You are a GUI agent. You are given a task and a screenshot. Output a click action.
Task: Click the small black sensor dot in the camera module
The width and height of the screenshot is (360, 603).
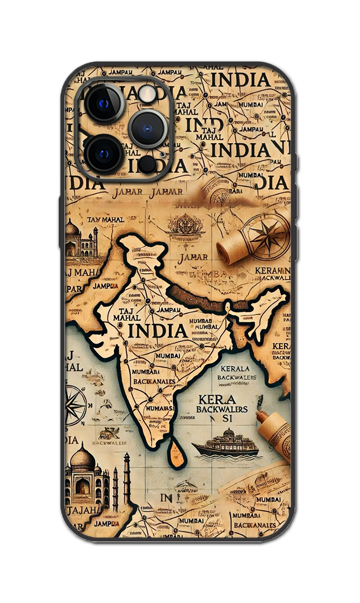click(147, 163)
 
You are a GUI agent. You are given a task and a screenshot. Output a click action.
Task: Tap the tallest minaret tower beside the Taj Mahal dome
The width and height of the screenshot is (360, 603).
click(127, 481)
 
